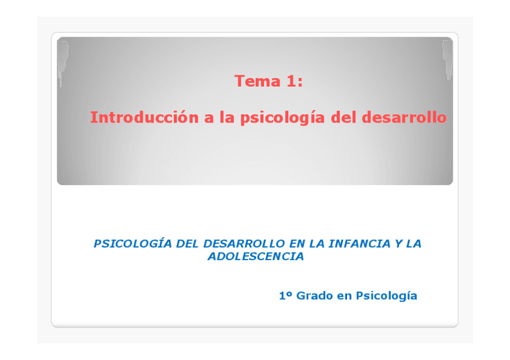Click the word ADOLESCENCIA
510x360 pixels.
[x=256, y=257]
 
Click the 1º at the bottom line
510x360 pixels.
[x=286, y=296]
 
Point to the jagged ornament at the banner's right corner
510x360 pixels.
[x=447, y=59]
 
